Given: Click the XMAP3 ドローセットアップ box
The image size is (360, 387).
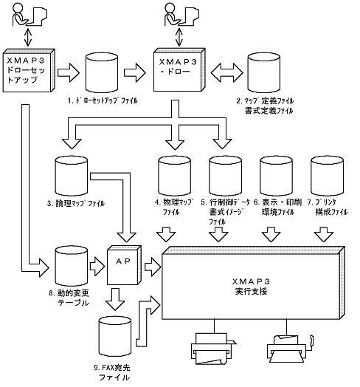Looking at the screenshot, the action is [29, 71].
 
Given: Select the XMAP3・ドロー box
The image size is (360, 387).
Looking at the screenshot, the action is [179, 70].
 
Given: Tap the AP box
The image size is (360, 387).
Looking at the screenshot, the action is [124, 265].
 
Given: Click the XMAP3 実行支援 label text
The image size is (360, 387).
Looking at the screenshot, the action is [251, 287].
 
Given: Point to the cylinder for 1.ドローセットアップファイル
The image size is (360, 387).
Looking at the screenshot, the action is [102, 73].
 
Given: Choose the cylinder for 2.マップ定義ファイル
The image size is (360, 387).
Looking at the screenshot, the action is [263, 73].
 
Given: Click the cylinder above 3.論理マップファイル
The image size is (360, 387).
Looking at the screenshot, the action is [71, 176].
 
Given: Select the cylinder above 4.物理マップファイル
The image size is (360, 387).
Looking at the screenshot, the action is [174, 176].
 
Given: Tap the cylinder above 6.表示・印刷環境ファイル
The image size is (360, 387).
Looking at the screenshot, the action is [276, 176].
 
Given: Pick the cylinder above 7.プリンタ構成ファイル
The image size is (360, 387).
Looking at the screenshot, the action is [328, 176].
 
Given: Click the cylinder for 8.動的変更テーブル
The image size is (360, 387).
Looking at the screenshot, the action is [71, 266].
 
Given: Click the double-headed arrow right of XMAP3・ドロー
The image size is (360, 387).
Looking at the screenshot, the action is [227, 72].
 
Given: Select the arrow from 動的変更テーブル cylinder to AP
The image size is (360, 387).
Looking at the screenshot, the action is [97, 267].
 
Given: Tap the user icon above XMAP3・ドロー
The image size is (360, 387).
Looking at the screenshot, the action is [181, 15].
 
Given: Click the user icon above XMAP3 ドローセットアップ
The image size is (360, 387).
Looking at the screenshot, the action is [30, 15].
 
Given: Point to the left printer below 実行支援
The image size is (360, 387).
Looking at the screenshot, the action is [213, 349].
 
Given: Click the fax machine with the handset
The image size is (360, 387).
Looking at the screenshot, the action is [290, 349].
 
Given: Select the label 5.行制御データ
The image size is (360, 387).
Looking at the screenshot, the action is [225, 202].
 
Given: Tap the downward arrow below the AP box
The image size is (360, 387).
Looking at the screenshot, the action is [115, 299].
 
